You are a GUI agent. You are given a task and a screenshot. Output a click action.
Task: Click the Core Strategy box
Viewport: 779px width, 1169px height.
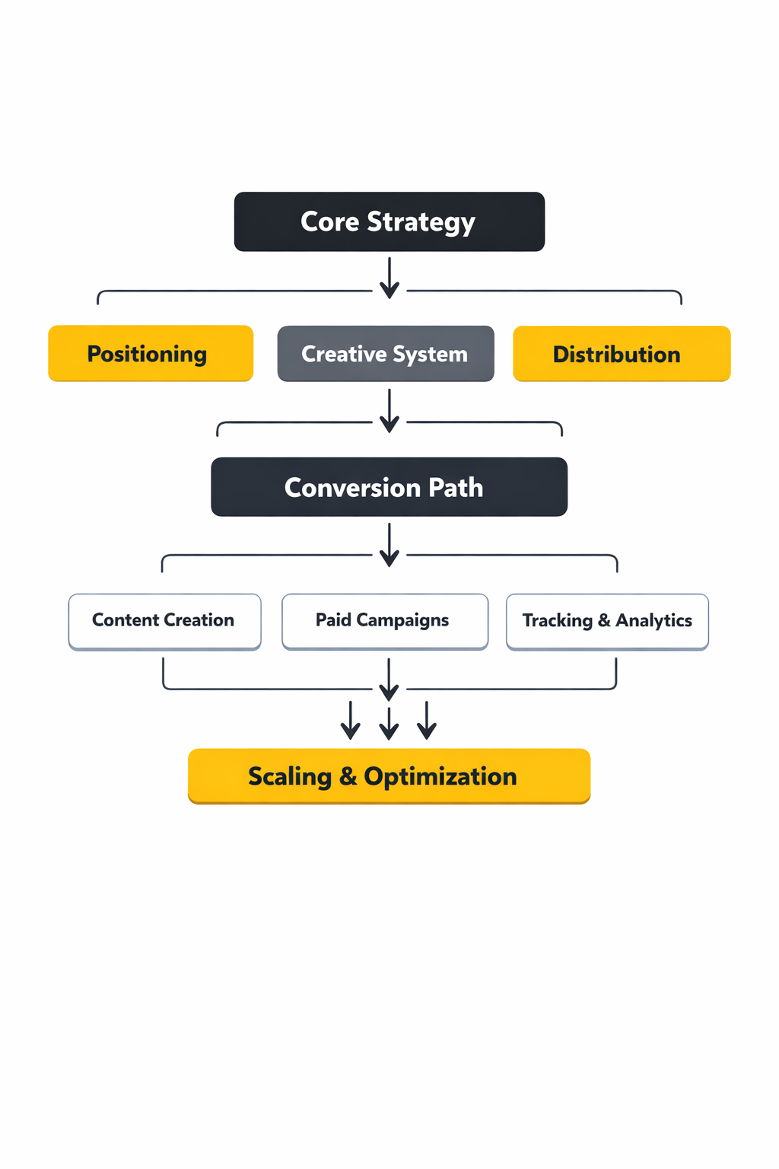pyautogui.click(x=389, y=221)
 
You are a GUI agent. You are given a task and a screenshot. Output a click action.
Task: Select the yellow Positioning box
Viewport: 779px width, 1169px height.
pyautogui.click(x=151, y=354)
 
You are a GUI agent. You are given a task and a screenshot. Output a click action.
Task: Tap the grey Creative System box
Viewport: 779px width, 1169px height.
pyautogui.click(x=386, y=354)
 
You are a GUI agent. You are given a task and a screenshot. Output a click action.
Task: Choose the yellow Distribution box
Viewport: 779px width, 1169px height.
pyautogui.click(x=622, y=354)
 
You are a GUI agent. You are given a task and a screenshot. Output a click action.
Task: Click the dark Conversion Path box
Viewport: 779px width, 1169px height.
pyautogui.click(x=389, y=487)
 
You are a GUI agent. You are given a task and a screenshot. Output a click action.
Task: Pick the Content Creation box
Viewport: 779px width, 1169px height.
pyautogui.click(x=164, y=621)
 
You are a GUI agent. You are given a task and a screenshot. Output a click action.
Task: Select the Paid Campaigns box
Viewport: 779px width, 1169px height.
pyautogui.click(x=385, y=621)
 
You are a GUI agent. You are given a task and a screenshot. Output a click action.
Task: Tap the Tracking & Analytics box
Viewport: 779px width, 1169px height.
pyautogui.click(x=607, y=621)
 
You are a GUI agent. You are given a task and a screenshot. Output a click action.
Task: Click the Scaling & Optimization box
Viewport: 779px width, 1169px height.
pyautogui.click(x=389, y=776)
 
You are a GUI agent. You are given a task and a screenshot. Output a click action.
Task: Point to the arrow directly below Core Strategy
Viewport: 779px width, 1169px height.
pyautogui.click(x=389, y=279)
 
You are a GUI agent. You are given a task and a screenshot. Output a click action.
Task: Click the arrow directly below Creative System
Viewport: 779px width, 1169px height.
pyautogui.click(x=389, y=412)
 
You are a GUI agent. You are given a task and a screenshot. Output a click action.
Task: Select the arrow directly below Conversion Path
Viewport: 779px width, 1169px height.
pyautogui.click(x=389, y=545)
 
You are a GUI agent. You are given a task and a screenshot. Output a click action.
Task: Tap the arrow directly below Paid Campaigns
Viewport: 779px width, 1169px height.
pyautogui.click(x=389, y=680)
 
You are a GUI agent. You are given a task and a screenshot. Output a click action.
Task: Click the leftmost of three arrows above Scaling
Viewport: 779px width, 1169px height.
pyautogui.click(x=351, y=721)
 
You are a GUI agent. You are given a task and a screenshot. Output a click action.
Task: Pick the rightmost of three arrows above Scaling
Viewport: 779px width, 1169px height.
pyautogui.click(x=427, y=721)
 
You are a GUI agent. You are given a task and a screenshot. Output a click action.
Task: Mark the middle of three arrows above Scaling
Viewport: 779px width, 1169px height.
pyautogui.click(x=389, y=723)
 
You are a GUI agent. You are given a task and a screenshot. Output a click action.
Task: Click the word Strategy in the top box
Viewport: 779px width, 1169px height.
pyautogui.click(x=421, y=222)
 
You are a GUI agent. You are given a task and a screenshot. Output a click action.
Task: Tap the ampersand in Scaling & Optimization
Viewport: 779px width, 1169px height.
pyautogui.click(x=348, y=776)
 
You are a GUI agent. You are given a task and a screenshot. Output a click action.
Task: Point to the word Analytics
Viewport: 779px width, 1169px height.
pyautogui.click(x=653, y=621)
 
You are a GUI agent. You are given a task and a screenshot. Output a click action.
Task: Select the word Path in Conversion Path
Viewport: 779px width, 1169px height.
pyautogui.click(x=456, y=488)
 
